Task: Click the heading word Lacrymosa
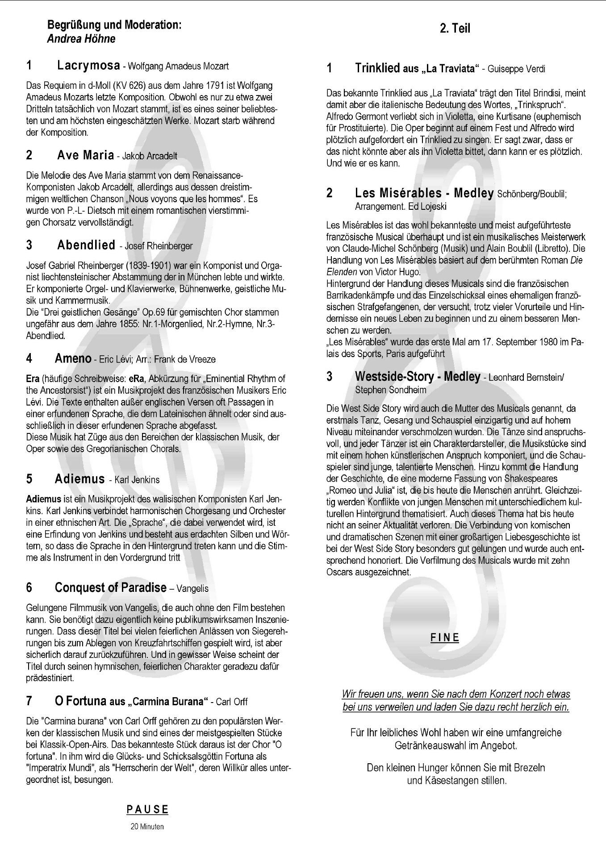[88, 66]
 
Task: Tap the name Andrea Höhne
[81, 39]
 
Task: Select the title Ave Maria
[85, 155]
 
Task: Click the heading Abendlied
[86, 245]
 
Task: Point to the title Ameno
[73, 358]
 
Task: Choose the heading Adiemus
[79, 479]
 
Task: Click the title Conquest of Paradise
[110, 587]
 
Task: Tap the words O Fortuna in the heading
[80, 701]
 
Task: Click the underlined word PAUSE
[147, 809]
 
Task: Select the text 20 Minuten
[147, 826]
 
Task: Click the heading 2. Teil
[455, 29]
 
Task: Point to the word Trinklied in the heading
[377, 68]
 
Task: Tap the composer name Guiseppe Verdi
[516, 69]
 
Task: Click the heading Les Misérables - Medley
[424, 193]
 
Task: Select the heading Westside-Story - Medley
[418, 377]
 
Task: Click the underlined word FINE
[445, 637]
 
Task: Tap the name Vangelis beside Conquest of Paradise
[192, 588]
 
